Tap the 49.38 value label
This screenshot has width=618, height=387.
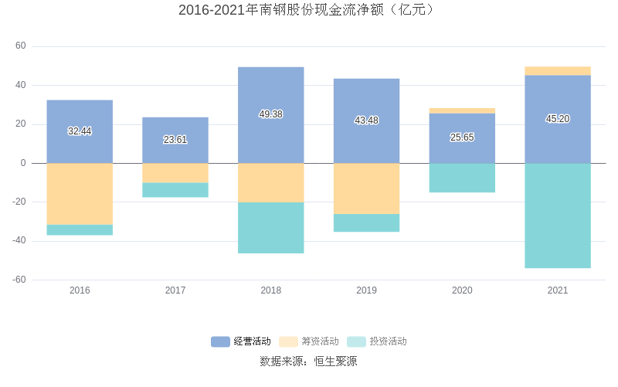[270, 114]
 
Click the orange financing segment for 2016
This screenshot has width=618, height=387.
[80, 194]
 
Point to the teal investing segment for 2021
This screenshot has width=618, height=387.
[557, 216]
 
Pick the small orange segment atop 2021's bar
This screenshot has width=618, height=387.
[557, 70]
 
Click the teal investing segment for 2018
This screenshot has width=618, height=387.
[270, 228]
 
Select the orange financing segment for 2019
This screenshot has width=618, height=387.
[366, 188]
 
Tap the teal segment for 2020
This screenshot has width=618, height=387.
[462, 178]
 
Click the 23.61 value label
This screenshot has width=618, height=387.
[175, 140]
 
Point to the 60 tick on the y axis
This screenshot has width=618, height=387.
[21, 46]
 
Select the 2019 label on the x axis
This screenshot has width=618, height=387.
[366, 290]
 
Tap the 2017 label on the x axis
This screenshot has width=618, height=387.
[175, 290]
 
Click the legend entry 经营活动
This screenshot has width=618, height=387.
[242, 341]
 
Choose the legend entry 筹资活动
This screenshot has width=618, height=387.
[310, 341]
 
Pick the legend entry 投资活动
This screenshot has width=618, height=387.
[378, 341]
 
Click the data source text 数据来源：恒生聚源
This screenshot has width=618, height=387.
[308, 361]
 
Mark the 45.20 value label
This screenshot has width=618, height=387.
[557, 119]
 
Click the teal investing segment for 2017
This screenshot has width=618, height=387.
[175, 190]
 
